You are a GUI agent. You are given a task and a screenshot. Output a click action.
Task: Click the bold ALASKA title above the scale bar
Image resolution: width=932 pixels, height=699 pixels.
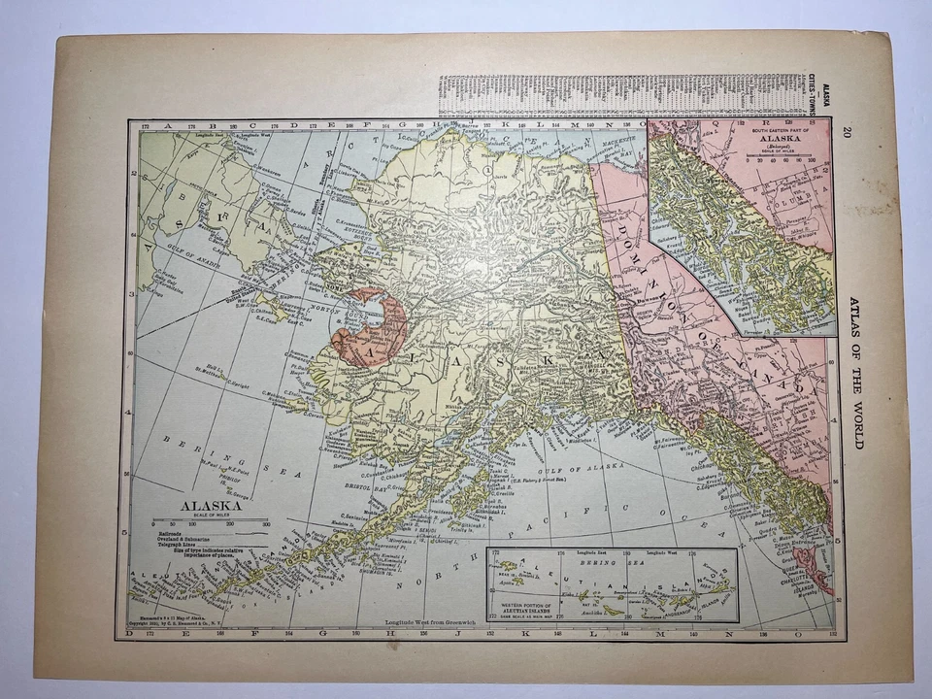coord(210,505)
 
